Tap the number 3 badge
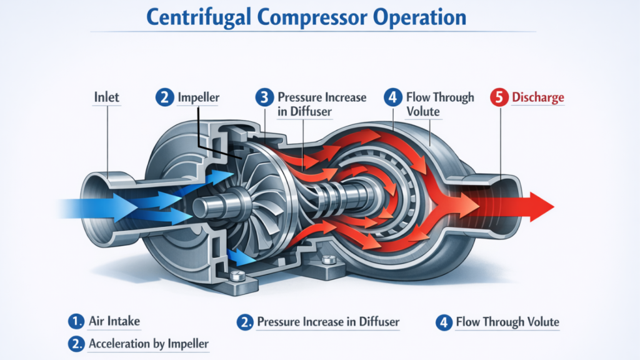(264, 97)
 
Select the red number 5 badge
(499, 97)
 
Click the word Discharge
(537, 97)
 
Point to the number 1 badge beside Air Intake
(76, 322)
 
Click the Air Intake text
(114, 322)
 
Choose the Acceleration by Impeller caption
(149, 344)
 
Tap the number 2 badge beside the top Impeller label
(163, 97)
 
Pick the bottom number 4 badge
(444, 322)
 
